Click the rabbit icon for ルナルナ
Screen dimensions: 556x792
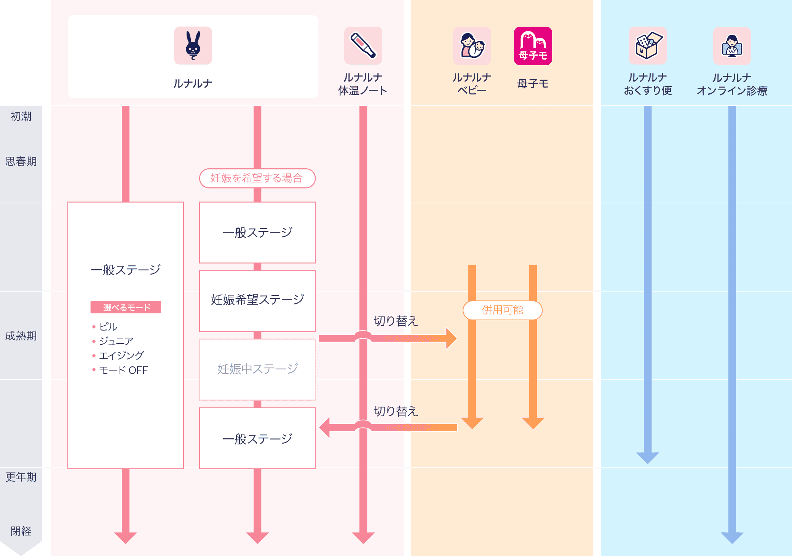193,46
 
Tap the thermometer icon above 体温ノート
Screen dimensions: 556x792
363,46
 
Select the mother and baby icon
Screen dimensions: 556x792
472,46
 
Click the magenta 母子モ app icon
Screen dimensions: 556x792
533,46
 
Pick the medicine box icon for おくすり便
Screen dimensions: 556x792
647,46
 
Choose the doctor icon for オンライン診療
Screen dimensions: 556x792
732,46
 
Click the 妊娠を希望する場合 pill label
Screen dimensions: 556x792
257,178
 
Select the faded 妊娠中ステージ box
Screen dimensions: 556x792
257,369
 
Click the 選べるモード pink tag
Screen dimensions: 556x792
126,307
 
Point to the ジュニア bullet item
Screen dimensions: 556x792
116,341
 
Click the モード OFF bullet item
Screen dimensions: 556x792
123,370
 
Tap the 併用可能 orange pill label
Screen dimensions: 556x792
502,310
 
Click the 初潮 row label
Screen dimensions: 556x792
21,117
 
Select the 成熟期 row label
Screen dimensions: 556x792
21,336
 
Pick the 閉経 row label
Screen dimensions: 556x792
21,531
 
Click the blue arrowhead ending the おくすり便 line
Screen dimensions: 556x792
647,457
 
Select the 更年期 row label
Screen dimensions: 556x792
21,477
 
